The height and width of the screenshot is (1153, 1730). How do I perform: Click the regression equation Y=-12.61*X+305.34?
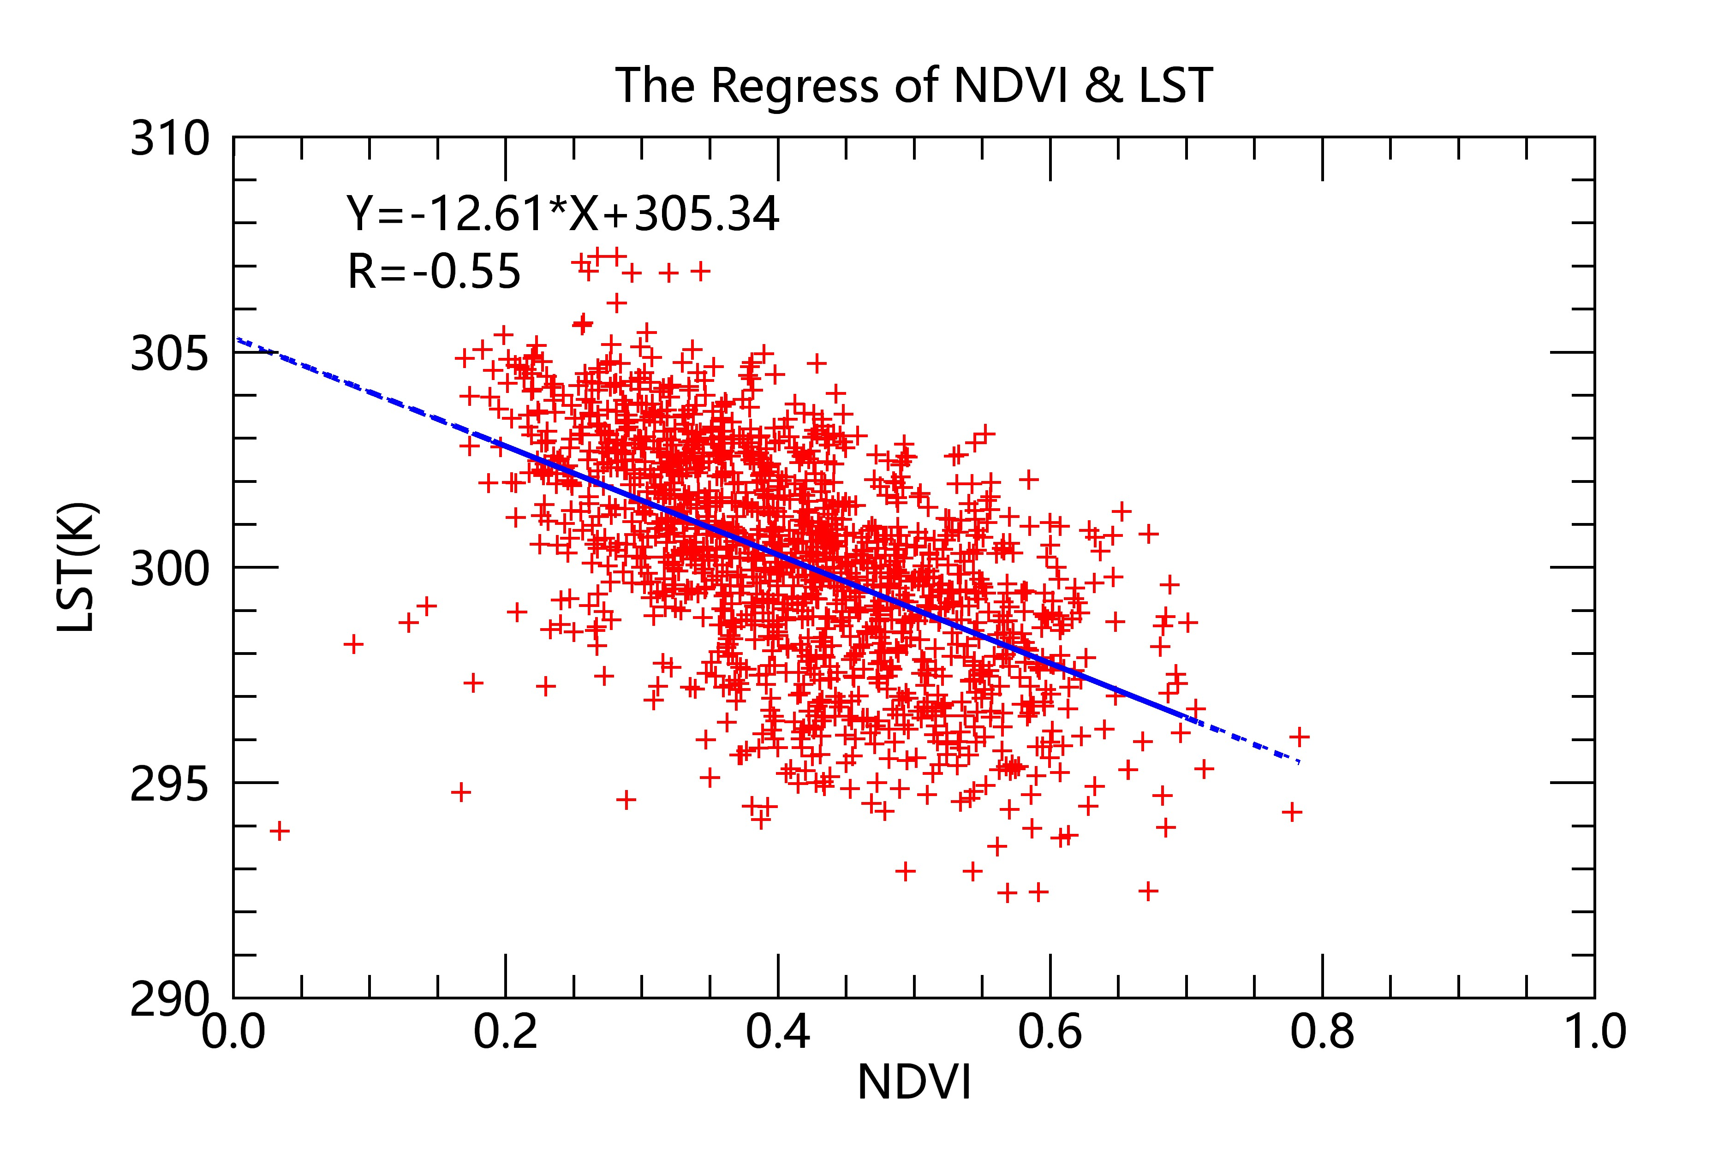563,215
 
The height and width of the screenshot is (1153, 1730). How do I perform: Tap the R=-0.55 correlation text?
434,271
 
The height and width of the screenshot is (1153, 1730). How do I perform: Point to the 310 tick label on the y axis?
170,139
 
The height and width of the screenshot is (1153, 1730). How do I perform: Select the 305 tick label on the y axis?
170,355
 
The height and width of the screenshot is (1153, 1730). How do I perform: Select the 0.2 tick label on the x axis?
505,1032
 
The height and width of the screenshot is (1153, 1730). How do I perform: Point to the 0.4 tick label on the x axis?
777,1032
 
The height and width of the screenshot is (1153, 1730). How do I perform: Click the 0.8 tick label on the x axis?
1322,1032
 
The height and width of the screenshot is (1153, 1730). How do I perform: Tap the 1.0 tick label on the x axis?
1593,1032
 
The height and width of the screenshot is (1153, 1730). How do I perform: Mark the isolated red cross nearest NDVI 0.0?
280,832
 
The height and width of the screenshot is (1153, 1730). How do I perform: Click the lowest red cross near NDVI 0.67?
1148,891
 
